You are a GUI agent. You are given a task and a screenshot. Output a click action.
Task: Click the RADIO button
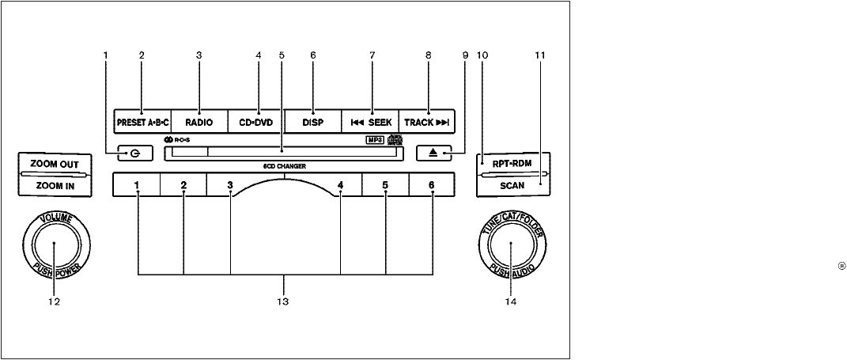199,123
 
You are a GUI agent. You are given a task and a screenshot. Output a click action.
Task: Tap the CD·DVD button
255,123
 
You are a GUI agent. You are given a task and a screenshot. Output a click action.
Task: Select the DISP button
312,123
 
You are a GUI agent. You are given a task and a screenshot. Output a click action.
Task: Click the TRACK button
428,123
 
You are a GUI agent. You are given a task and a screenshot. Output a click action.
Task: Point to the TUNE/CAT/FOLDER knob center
511,245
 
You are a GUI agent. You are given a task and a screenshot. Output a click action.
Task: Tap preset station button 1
137,186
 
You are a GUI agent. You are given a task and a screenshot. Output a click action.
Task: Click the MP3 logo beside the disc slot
375,141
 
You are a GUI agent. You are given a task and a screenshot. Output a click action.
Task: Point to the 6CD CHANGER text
285,166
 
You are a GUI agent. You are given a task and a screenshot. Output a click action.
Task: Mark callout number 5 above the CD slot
281,55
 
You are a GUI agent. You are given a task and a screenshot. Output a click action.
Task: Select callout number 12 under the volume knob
54,302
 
